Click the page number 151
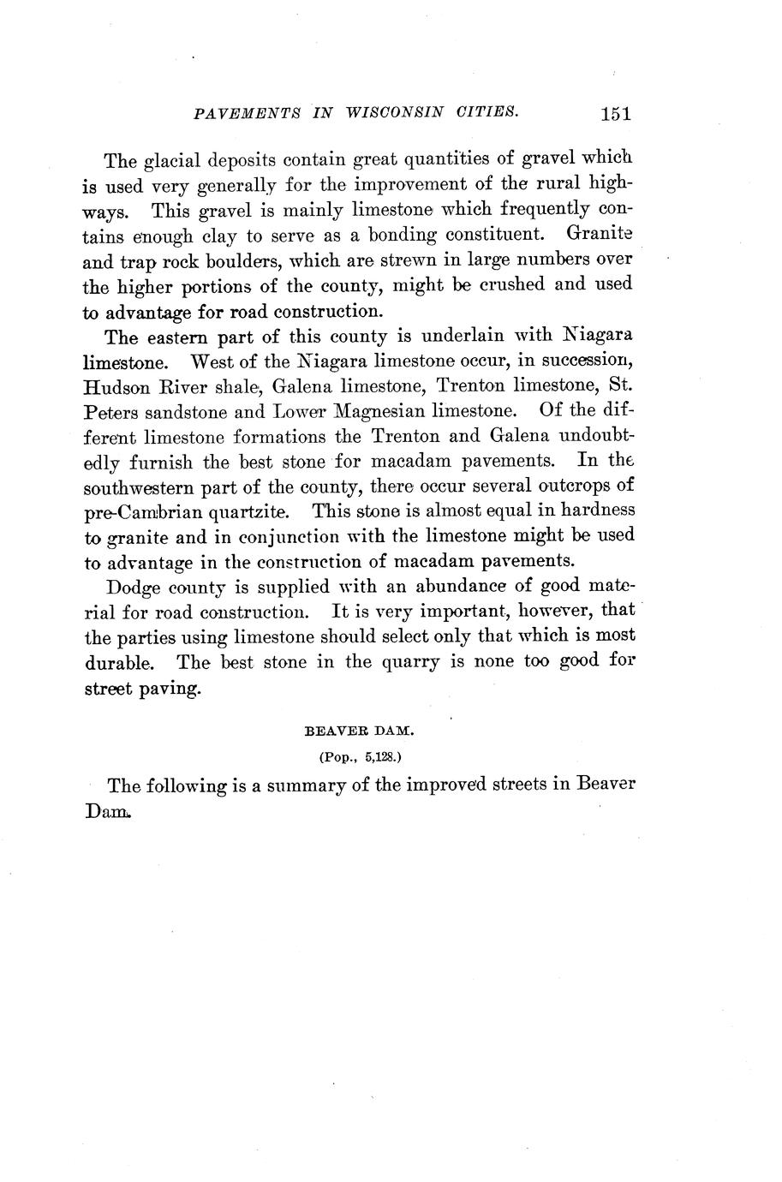[x=616, y=114]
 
